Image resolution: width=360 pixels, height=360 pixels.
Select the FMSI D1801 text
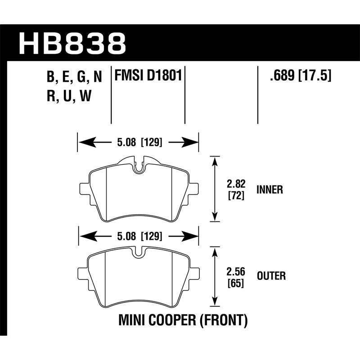tap(148, 76)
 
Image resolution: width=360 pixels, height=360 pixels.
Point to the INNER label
tap(269, 190)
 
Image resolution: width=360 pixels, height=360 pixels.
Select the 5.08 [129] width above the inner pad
tap(138, 144)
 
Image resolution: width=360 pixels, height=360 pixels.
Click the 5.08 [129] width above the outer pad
tap(138, 235)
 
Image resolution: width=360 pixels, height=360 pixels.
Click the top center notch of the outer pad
tap(139, 253)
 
